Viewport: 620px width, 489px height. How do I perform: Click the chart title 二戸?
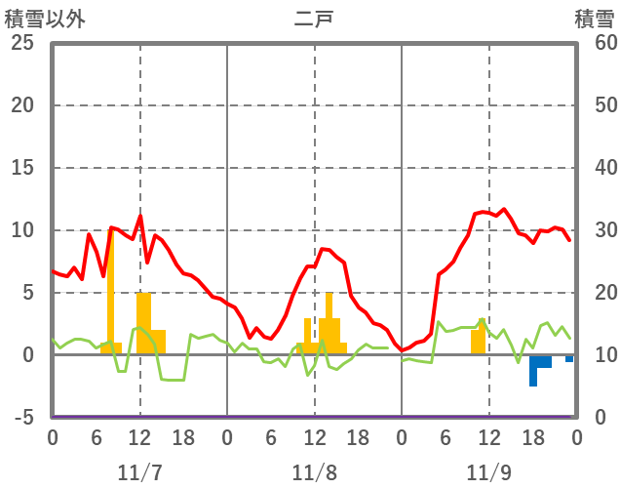point(313,19)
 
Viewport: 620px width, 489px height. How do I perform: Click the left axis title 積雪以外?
point(44,19)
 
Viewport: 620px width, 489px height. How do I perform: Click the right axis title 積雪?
point(594,19)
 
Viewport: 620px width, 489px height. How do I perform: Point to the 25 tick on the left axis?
point(21,43)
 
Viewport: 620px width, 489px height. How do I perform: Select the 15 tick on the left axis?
point(21,168)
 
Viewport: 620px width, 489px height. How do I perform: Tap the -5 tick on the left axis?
point(21,418)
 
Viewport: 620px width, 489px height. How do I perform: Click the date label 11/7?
point(139,472)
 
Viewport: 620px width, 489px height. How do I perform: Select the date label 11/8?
point(314,472)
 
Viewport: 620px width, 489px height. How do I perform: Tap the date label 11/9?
point(488,472)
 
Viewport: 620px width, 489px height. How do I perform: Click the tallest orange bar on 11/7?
point(110,293)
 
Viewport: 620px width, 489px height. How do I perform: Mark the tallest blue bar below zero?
point(533,370)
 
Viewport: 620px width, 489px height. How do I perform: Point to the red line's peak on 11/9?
point(504,209)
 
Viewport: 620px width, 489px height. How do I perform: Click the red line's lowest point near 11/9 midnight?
point(403,350)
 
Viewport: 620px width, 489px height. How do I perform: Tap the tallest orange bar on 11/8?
point(329,323)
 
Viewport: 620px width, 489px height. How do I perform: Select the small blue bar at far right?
point(569,358)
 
